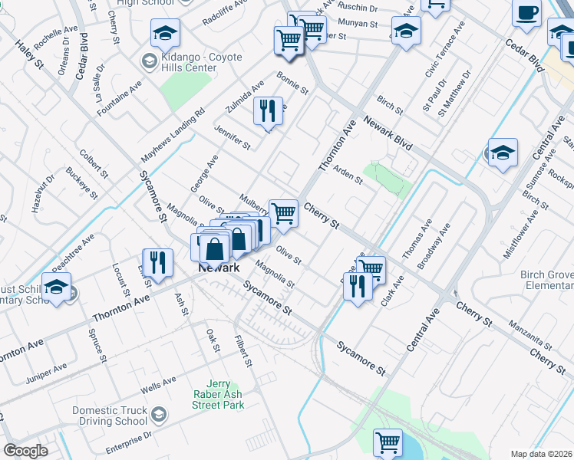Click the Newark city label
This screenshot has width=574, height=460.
(219, 268)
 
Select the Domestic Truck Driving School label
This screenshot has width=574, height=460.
(110, 416)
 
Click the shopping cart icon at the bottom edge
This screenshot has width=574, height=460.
(388, 442)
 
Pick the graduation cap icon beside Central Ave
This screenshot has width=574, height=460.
(503, 153)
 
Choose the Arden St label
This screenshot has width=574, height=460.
(348, 173)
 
